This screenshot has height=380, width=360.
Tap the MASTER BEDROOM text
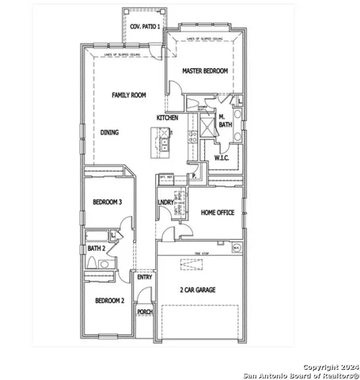[x=205, y=71]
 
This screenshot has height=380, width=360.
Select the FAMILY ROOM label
[x=128, y=95]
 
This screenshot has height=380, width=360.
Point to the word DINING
[x=109, y=132]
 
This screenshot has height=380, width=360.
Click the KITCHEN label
[x=167, y=118]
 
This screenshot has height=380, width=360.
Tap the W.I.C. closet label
[x=222, y=158]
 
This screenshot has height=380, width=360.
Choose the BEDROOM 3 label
[x=107, y=202]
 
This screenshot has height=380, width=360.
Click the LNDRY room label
[x=165, y=203]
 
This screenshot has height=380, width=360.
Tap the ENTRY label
[x=144, y=277]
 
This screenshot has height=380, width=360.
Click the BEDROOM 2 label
[x=110, y=301]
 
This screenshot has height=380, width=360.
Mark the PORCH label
[x=145, y=312]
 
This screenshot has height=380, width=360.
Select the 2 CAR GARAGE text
[x=198, y=290]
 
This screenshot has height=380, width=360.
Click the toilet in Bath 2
[x=93, y=263]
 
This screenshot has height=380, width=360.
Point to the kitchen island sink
[x=164, y=143]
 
